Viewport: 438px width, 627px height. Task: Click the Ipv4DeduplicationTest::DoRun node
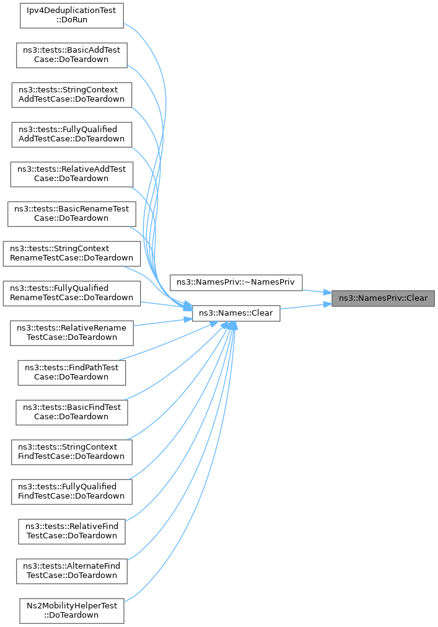(72, 15)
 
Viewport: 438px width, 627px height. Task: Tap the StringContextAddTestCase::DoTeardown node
(71, 94)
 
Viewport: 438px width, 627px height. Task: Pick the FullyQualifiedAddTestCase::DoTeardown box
(71, 134)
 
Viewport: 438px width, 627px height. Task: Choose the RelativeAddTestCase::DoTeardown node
(71, 174)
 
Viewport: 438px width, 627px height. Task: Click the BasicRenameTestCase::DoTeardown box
(71, 213)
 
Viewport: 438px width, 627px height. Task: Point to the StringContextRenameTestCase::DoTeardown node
(71, 253)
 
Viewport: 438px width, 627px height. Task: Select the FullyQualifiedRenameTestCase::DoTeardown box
(71, 293)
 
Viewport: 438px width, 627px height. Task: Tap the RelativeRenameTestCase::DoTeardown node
(71, 332)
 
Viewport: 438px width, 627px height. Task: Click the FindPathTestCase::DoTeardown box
(71, 372)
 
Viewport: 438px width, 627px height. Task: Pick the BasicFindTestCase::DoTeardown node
(71, 412)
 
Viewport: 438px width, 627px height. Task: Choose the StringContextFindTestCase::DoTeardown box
(71, 451)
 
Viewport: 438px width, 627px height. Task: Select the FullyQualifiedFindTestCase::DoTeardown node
(71, 491)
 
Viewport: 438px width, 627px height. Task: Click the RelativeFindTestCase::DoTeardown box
(71, 531)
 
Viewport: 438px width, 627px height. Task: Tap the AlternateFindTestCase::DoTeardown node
(71, 571)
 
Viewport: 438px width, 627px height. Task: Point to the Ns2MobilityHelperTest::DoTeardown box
(71, 610)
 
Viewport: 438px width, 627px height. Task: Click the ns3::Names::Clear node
(236, 313)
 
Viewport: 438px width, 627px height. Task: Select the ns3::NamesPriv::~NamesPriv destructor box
(236, 282)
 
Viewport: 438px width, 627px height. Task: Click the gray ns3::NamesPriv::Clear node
(383, 298)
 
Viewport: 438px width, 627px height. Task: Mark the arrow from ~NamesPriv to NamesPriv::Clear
(317, 290)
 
